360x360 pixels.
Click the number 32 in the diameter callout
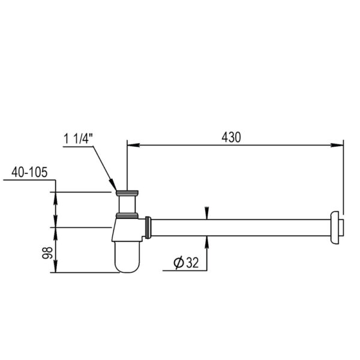click(x=192, y=263)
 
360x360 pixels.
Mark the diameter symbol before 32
click(x=178, y=263)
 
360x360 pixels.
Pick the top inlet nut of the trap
click(x=128, y=194)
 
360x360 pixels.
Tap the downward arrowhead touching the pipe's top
click(x=207, y=214)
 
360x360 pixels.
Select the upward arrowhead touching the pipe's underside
click(x=207, y=240)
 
